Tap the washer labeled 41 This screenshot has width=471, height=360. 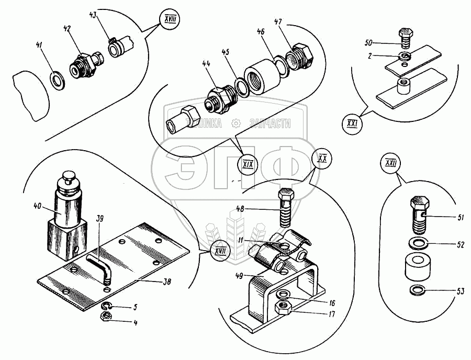pos(55,80)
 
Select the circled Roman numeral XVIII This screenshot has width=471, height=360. pos(169,23)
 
